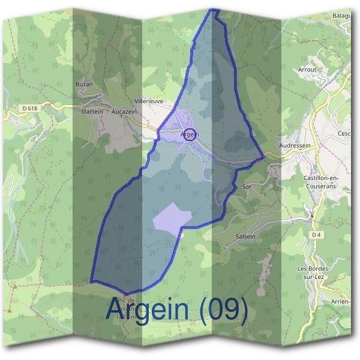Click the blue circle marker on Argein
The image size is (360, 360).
pyautogui.click(x=190, y=134)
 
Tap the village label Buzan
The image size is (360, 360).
pyautogui.click(x=84, y=85)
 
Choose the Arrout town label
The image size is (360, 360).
pyautogui.click(x=307, y=70)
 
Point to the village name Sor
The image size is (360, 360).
pyautogui.click(x=246, y=187)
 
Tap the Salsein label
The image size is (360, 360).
pyautogui.click(x=245, y=236)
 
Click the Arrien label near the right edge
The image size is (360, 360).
pyautogui.click(x=340, y=301)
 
